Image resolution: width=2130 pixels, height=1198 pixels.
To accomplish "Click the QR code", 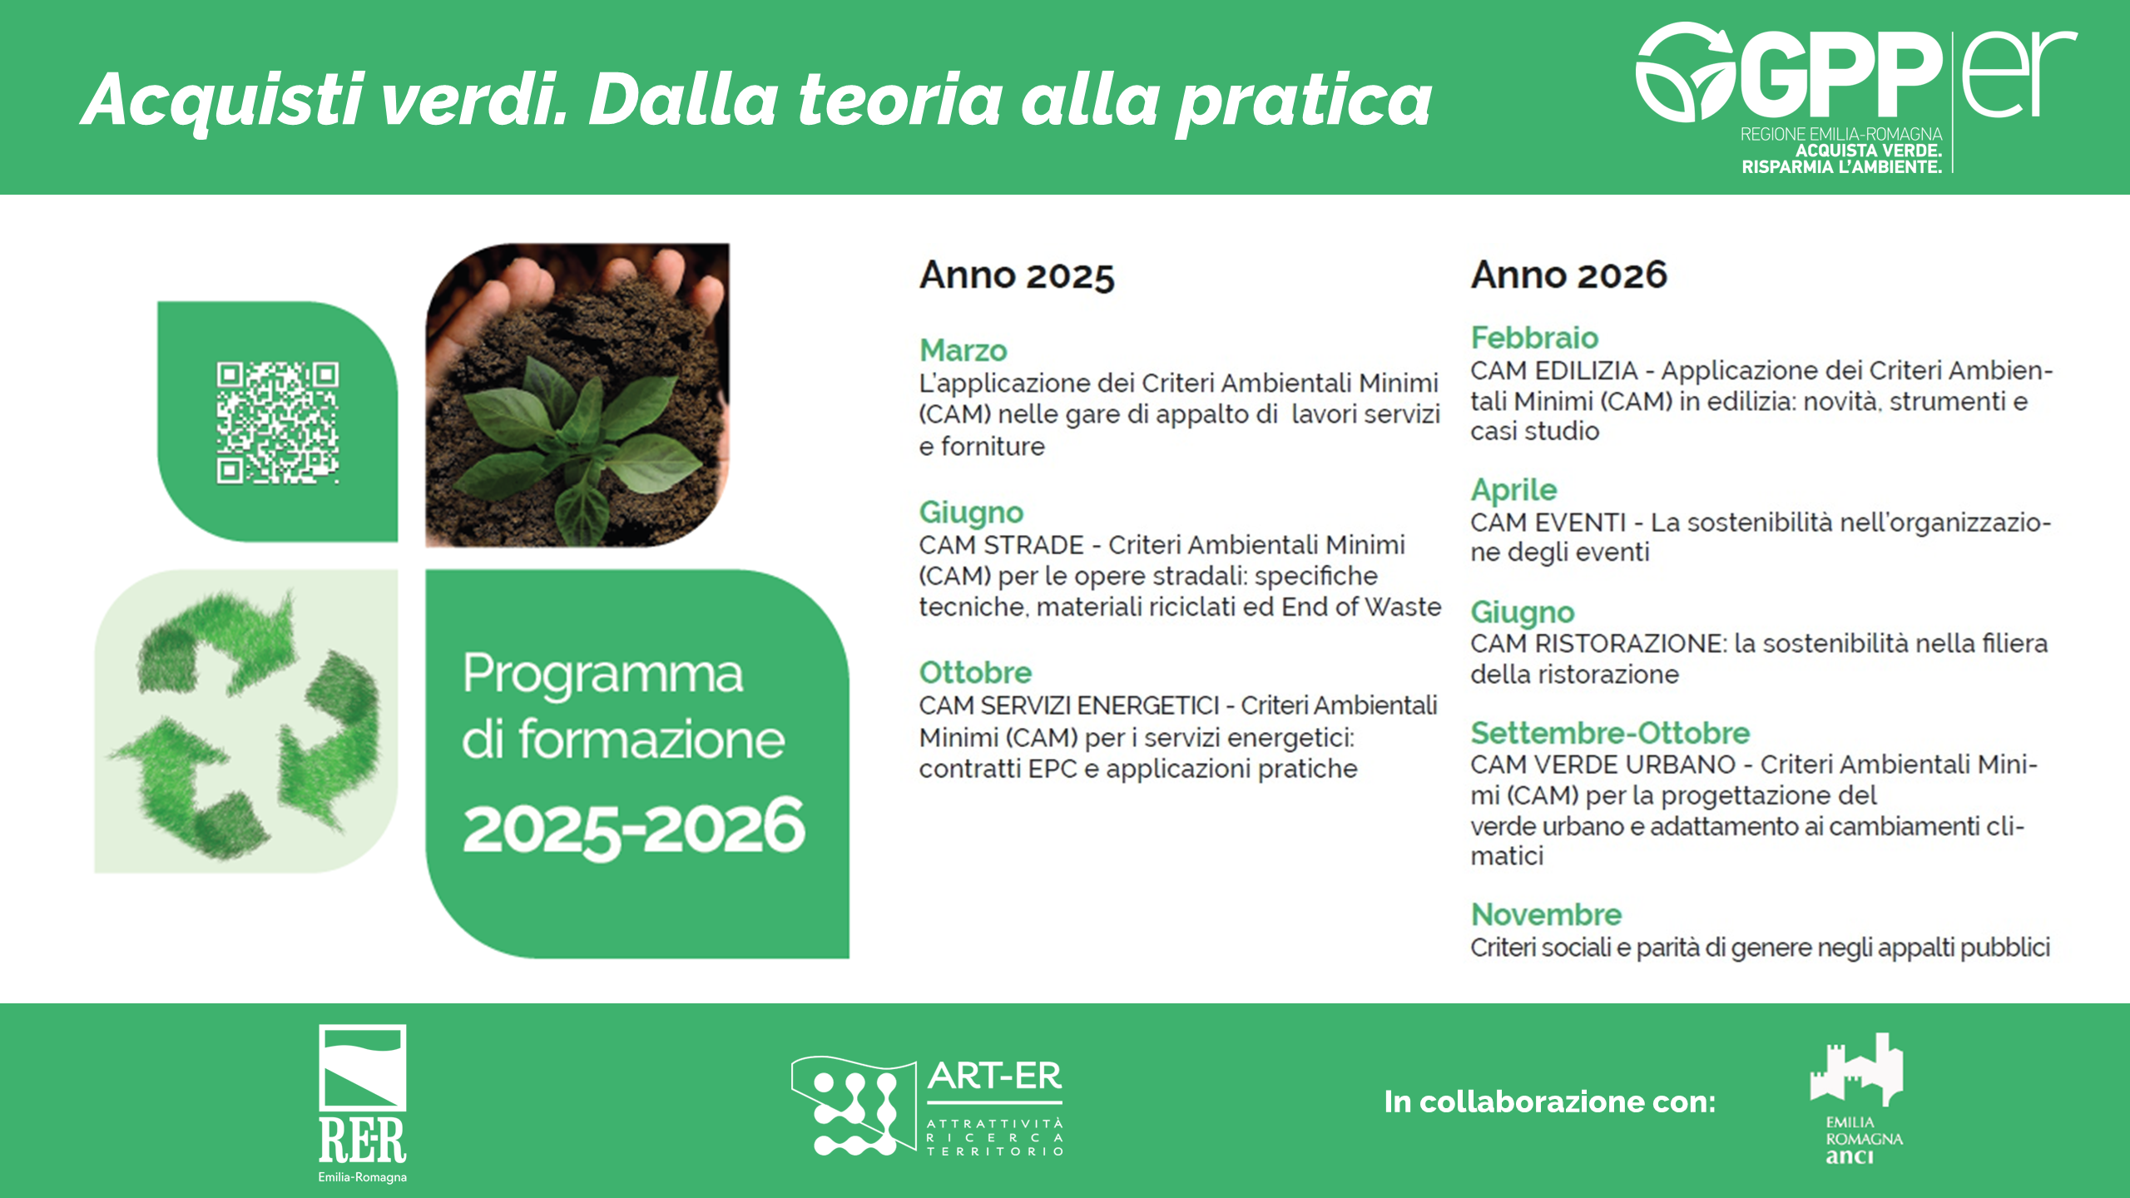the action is [x=278, y=422].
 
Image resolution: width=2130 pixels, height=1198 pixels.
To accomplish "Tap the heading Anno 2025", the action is [x=1016, y=275].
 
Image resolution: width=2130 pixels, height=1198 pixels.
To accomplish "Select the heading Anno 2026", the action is [x=1568, y=275].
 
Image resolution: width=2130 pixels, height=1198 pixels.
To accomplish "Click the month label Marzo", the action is [x=963, y=350].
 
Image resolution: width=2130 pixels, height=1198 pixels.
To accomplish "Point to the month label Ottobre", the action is [x=975, y=672].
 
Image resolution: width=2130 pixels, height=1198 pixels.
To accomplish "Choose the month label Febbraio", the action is [x=1534, y=337].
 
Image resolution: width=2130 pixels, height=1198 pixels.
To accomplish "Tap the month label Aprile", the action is [x=1513, y=490].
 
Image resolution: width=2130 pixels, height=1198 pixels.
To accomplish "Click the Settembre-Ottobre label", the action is [x=1610, y=733].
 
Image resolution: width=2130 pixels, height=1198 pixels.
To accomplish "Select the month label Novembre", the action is [x=1546, y=914].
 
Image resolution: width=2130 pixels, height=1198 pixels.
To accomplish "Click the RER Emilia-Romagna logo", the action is [x=363, y=1103].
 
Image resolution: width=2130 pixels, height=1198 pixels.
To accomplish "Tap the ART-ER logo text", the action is [x=995, y=1076].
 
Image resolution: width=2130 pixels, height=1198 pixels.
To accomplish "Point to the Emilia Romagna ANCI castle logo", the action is [x=1856, y=1099].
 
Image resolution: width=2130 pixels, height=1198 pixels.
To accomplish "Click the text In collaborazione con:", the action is [x=1550, y=1101].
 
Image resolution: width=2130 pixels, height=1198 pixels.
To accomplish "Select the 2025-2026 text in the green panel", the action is [x=634, y=827].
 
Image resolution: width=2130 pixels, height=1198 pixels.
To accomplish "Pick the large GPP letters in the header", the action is [x=1842, y=77].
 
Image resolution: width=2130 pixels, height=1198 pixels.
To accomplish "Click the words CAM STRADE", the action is [x=1001, y=545].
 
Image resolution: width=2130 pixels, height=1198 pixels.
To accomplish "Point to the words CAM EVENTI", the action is [x=1548, y=522].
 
